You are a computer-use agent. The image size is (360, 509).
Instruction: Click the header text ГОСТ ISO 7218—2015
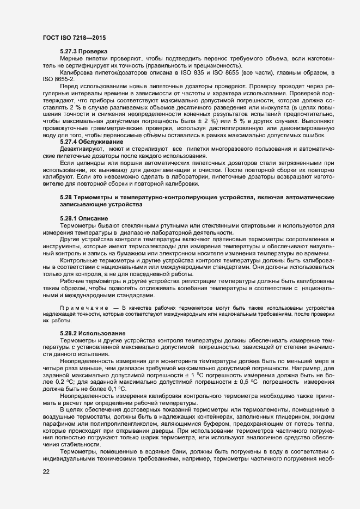74,37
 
